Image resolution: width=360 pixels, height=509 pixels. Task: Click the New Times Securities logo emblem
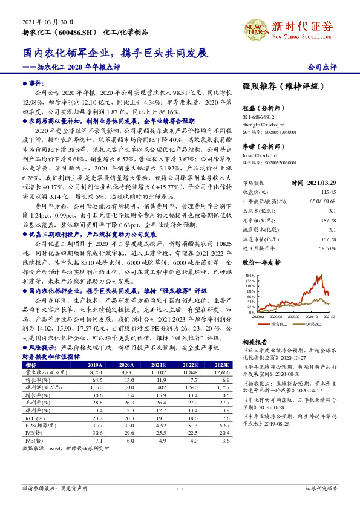click(x=254, y=28)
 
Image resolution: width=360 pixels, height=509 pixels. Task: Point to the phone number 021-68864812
click(x=258, y=117)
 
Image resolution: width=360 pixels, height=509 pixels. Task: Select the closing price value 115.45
click(x=327, y=190)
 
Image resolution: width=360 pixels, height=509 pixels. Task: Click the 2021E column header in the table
click(x=159, y=365)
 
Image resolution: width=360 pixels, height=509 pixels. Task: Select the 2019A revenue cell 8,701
click(x=94, y=372)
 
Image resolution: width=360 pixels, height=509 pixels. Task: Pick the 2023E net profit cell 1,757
click(x=222, y=387)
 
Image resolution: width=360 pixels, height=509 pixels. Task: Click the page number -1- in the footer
click(x=179, y=488)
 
